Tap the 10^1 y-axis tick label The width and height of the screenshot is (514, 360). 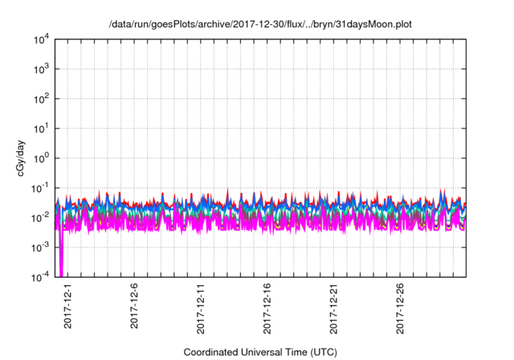(x=39, y=129)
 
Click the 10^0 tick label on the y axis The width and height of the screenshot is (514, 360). (x=39, y=158)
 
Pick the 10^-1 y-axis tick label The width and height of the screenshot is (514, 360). (x=39, y=188)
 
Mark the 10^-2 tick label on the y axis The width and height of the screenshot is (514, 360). (x=39, y=218)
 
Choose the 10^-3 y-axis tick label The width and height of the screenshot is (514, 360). (x=39, y=247)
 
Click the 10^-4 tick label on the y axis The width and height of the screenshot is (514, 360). (x=39, y=277)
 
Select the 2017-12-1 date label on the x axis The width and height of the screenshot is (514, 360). (x=68, y=305)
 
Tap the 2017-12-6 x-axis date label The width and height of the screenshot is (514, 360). (x=135, y=305)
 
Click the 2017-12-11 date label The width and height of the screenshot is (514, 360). (x=202, y=308)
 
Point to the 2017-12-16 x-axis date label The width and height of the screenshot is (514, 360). (x=268, y=308)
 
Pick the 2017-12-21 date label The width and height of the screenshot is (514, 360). (x=335, y=308)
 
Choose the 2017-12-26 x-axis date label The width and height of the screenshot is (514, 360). (x=402, y=308)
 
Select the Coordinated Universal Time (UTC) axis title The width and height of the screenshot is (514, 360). (x=260, y=352)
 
